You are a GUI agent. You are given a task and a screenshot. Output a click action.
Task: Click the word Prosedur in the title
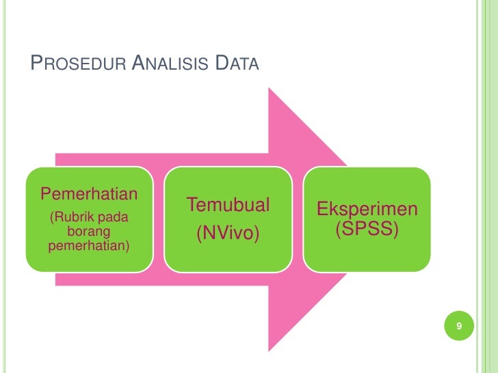76,65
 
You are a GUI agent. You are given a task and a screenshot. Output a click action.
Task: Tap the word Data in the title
237,65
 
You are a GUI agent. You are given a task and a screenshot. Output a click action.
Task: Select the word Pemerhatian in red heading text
89,193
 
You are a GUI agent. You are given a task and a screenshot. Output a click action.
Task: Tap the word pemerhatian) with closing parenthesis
89,245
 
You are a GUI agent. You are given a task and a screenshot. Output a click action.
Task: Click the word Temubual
228,204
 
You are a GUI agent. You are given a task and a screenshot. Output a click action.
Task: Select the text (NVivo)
228,234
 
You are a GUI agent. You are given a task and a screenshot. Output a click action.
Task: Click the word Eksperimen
367,208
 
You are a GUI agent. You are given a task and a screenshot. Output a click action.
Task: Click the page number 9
460,327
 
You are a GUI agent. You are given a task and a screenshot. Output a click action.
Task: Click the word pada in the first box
114,218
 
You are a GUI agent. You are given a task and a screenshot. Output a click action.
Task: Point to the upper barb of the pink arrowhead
274,96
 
